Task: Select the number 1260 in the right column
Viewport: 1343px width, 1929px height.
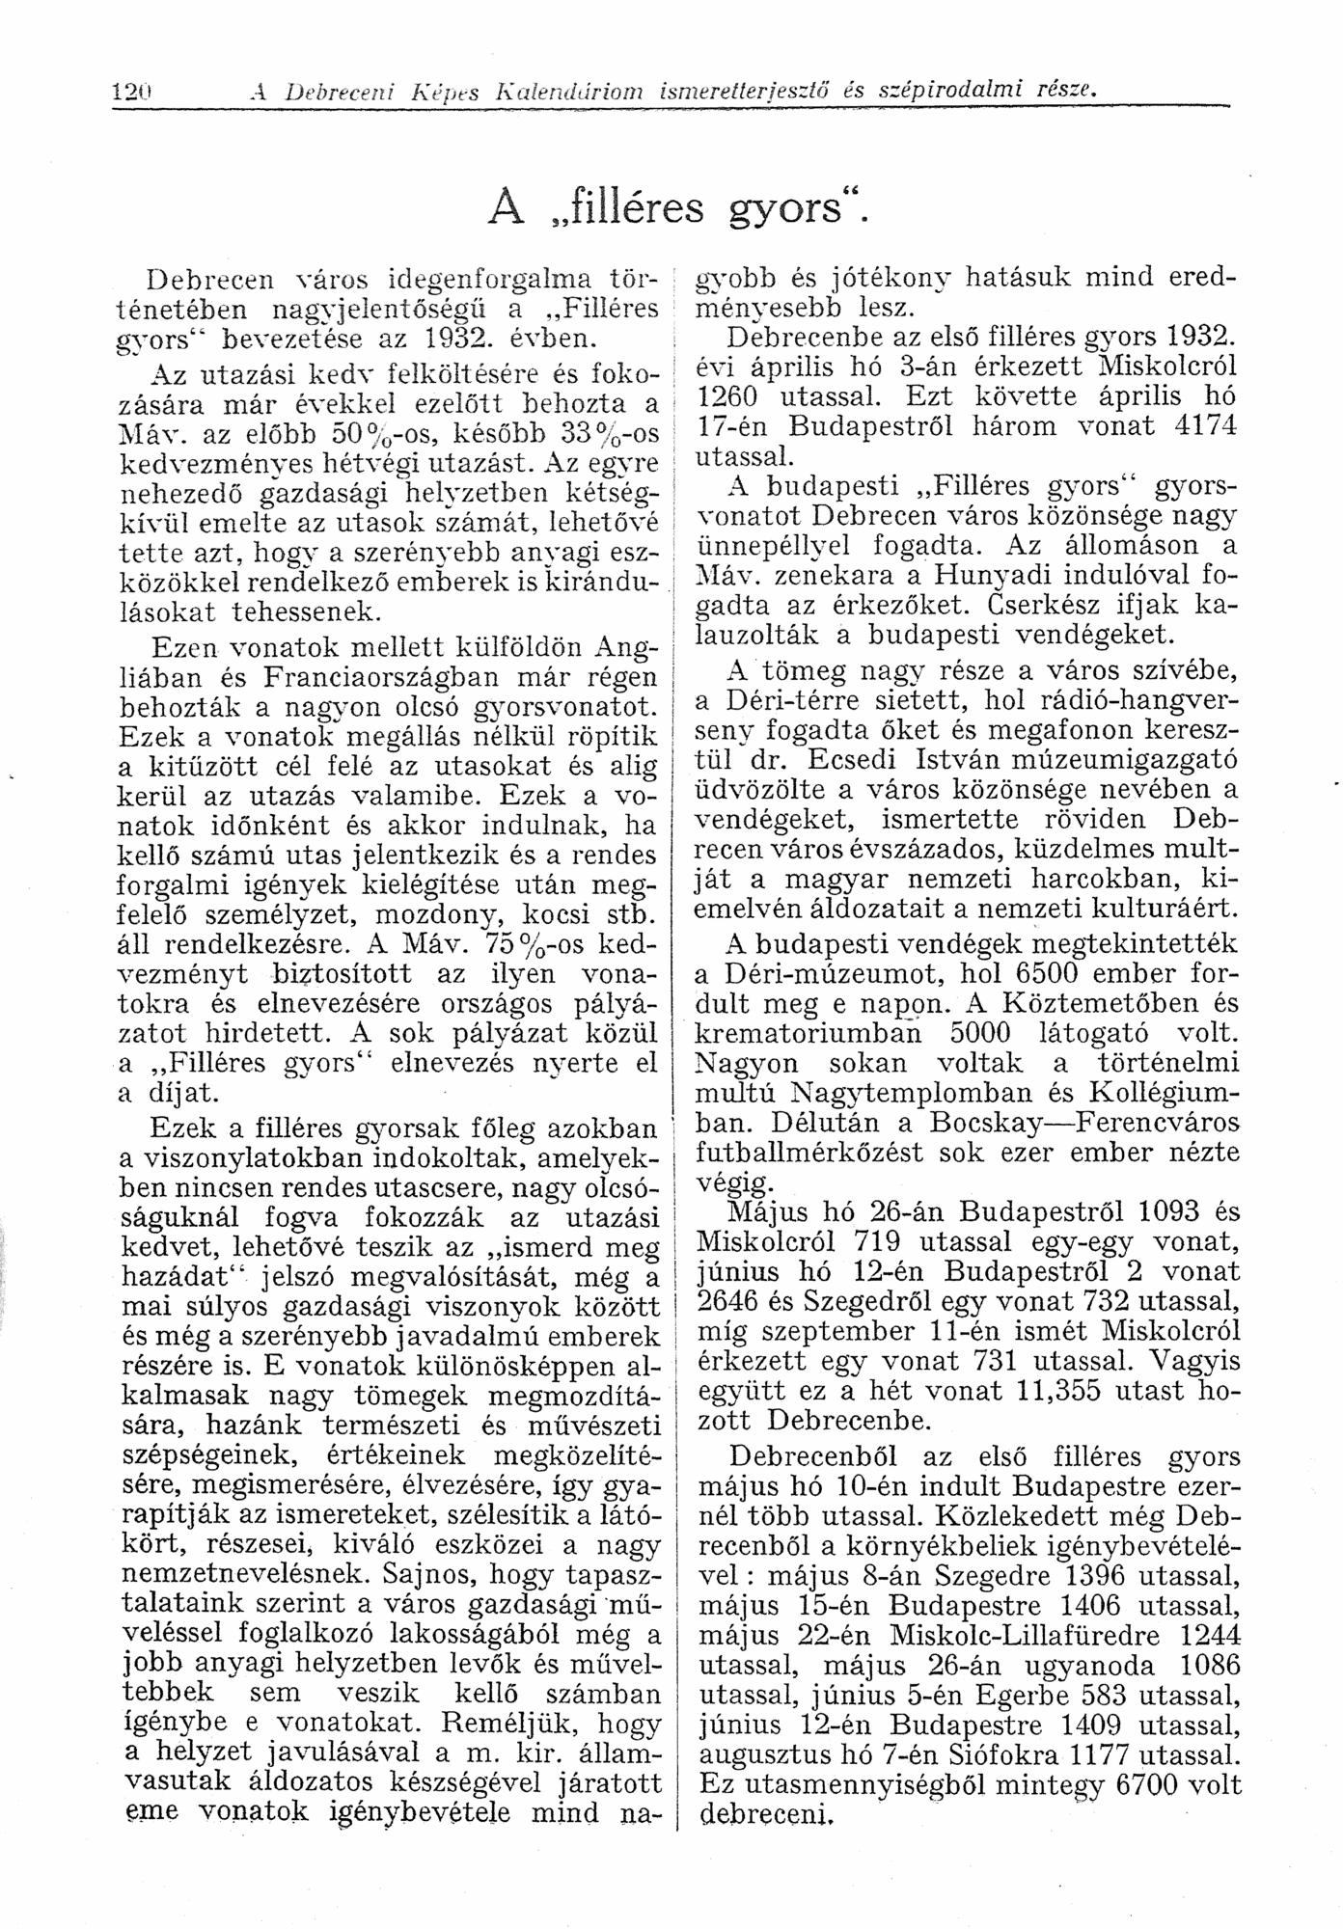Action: tap(730, 396)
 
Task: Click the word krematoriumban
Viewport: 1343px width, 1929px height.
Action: tap(809, 1032)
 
